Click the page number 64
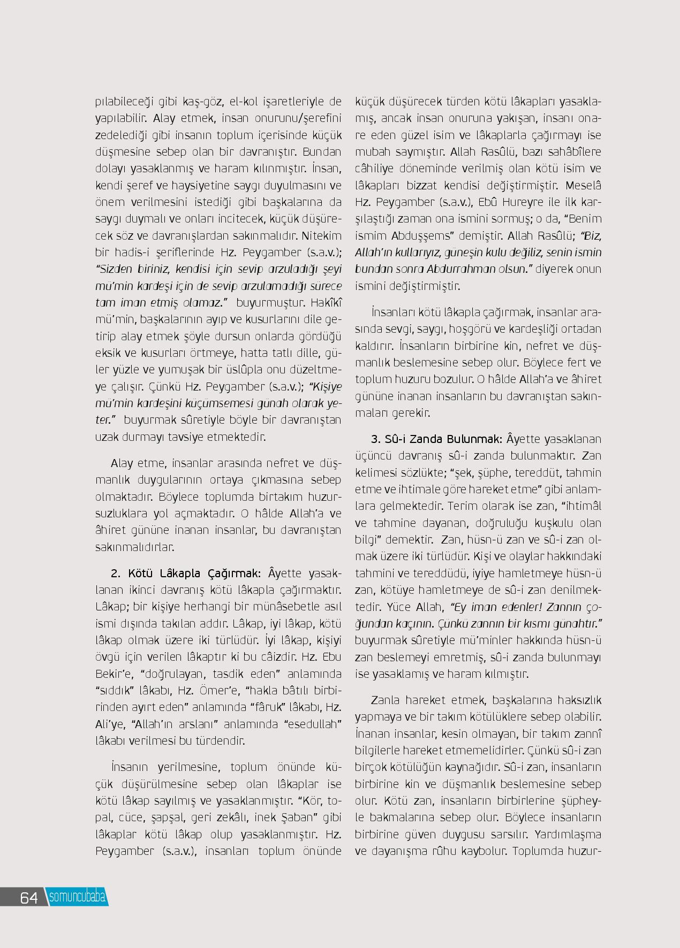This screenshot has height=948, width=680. (29, 898)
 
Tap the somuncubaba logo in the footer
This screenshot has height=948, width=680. (77, 897)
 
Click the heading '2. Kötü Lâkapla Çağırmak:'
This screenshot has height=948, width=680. (186, 574)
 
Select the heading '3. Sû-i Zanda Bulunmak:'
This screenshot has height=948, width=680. (437, 439)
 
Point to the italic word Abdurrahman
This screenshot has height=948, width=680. (462, 269)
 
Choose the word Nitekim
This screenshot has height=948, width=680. (321, 235)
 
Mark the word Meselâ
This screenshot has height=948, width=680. (583, 186)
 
